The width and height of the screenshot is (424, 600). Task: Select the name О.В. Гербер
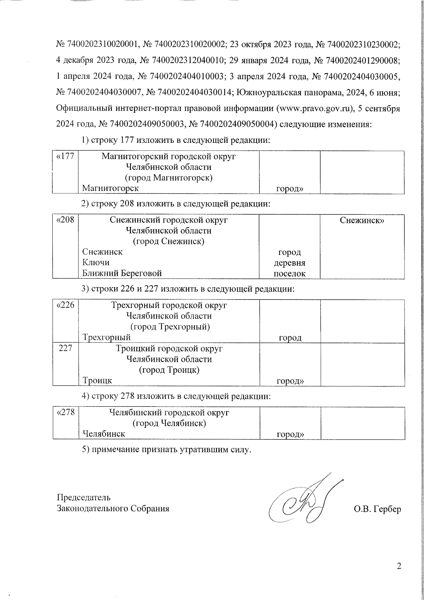pos(377,509)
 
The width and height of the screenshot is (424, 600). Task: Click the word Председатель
pos(84,497)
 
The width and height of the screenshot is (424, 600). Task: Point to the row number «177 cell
pos(65,156)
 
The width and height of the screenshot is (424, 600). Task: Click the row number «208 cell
pos(65,220)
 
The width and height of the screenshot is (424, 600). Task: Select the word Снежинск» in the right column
pos(362,220)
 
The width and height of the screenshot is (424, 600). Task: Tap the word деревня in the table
pos(290,263)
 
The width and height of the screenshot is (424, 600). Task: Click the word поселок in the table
pos(290,274)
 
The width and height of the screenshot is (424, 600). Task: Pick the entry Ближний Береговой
pos(122,273)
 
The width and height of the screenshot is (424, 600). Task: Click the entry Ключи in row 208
pos(96,262)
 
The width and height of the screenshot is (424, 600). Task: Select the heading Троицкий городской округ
pos(169,349)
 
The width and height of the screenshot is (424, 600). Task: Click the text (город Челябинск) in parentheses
pos(169,423)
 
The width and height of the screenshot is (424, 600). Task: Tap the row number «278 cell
pos(66,413)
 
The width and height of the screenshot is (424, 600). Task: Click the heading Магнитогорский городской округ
pos(169,156)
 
